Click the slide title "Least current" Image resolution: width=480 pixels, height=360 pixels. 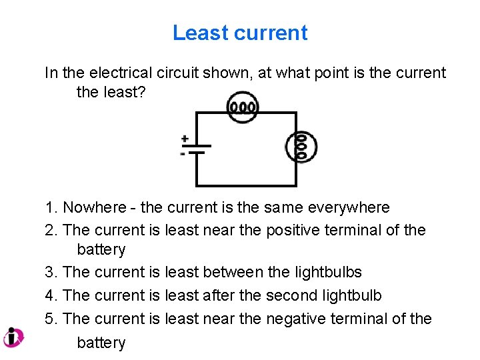(240, 33)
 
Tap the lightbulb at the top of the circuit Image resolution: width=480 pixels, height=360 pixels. (242, 107)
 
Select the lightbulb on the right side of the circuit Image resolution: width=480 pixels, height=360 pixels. (301, 147)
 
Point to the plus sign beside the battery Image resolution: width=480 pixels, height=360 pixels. (184, 139)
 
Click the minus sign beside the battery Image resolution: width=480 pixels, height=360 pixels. (183, 154)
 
